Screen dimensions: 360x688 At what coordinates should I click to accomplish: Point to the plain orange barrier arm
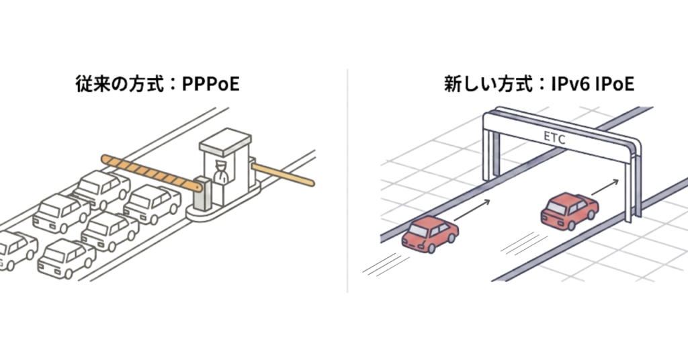click(282, 173)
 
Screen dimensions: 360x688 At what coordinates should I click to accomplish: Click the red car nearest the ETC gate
click(569, 210)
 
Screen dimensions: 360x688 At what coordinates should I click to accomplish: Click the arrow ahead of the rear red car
click(472, 211)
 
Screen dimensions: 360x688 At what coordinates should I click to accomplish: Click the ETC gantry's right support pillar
click(630, 185)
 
